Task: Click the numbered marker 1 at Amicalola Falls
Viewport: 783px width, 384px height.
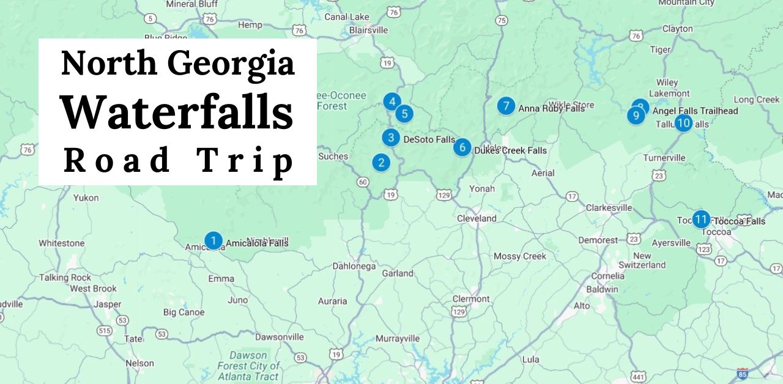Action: click(x=213, y=241)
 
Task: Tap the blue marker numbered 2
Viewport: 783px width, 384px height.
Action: click(x=381, y=163)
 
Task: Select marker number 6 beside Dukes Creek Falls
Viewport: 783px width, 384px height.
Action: click(x=462, y=147)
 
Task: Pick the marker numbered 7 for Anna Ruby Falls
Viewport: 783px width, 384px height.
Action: click(x=505, y=106)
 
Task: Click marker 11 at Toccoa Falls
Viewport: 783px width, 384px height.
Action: click(x=701, y=219)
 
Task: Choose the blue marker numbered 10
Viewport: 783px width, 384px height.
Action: click(x=683, y=124)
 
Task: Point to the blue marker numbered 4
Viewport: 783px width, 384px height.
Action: click(x=392, y=102)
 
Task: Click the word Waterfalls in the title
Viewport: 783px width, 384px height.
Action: click(x=177, y=113)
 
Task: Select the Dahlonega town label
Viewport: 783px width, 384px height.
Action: click(x=354, y=267)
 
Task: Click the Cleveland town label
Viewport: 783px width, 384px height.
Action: click(x=477, y=218)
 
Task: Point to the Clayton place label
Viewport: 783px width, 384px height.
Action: click(x=677, y=29)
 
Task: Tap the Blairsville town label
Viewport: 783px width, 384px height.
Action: click(x=368, y=30)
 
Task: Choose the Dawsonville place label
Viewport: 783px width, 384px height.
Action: click(x=279, y=337)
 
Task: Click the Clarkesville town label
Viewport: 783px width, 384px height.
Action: click(x=609, y=208)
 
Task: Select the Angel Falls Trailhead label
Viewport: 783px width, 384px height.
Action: click(x=695, y=111)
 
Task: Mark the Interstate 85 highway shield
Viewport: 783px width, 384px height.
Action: click(x=742, y=374)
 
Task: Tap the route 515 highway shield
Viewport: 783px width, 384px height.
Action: click(x=105, y=331)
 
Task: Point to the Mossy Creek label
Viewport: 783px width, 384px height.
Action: click(x=519, y=256)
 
